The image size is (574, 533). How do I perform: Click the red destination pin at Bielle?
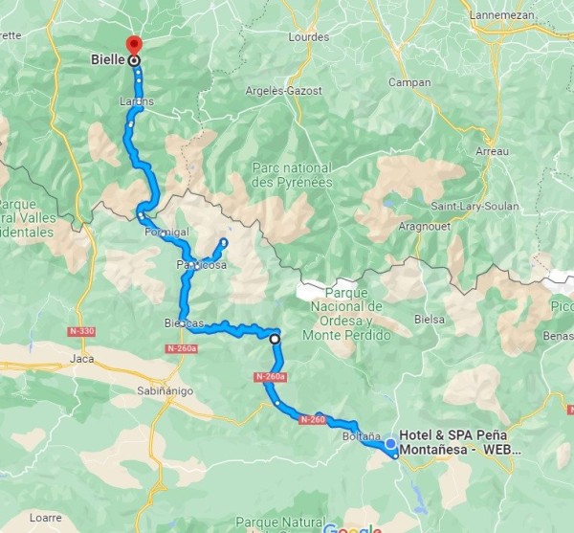pos(133,44)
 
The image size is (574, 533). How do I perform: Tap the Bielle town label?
pos(107,59)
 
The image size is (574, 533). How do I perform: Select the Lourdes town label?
pos(307,37)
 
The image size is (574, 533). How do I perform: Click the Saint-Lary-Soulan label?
pos(475,206)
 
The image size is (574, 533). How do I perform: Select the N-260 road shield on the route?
pos(313,419)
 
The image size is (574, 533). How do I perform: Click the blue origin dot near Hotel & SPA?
pos(390,443)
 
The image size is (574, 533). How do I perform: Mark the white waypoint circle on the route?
pos(275,339)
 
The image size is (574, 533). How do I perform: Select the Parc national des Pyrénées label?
pos(293,174)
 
